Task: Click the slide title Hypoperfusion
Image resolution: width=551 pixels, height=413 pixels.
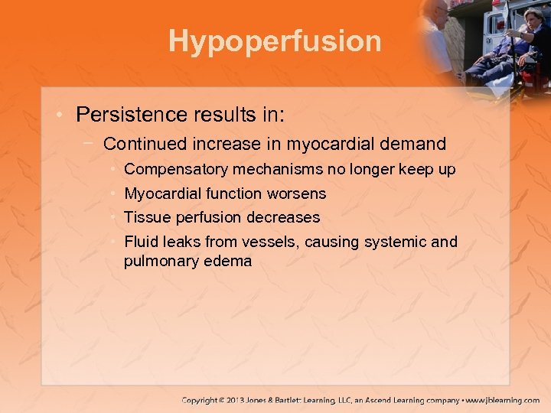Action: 275,41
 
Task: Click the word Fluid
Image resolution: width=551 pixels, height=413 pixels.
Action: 141,242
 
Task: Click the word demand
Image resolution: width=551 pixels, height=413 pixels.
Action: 417,143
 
